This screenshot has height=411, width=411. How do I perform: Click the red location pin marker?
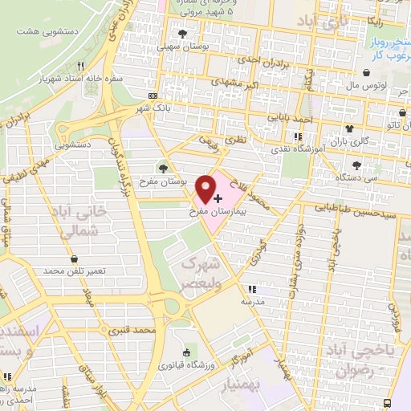click(x=206, y=189)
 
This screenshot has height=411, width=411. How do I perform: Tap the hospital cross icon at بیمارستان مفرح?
click(x=218, y=197)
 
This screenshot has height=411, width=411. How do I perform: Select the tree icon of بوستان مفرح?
click(x=164, y=169)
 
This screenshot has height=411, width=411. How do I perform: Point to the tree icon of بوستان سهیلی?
click(x=184, y=34)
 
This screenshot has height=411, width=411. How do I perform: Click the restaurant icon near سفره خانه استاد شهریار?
click(x=80, y=67)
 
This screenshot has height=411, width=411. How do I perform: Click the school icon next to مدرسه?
click(x=252, y=289)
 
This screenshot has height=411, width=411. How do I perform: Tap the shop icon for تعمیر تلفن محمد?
click(x=75, y=260)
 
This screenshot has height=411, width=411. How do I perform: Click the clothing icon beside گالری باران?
click(x=348, y=128)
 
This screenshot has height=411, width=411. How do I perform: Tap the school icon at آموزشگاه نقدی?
click(x=299, y=137)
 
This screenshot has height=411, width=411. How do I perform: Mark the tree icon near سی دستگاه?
click(x=356, y=165)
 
